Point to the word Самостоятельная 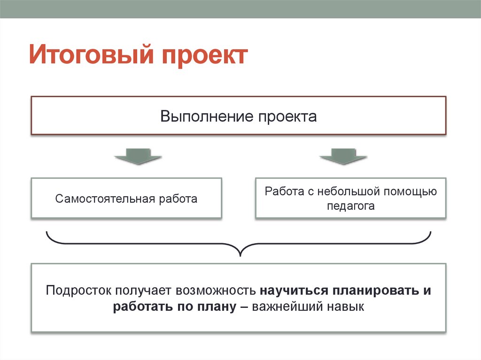(x=105, y=199)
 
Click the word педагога (x=351, y=206)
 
